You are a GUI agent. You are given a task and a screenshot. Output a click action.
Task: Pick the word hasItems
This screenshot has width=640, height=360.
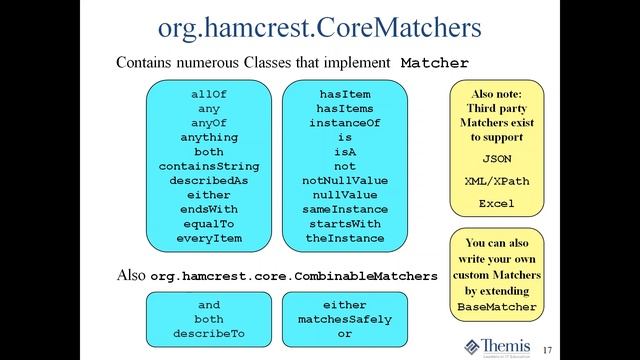click(345, 108)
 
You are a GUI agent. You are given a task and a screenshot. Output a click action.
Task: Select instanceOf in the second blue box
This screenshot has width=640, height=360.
click(345, 123)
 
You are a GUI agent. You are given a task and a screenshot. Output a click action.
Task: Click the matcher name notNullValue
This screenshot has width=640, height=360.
click(345, 181)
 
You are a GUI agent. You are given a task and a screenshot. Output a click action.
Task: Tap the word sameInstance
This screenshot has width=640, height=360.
click(345, 210)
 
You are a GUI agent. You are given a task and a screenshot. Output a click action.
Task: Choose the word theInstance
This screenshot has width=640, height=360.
click(345, 239)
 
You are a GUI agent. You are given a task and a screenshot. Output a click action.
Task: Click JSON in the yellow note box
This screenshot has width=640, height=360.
click(497, 159)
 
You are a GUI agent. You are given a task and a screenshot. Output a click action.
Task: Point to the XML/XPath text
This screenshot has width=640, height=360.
click(497, 181)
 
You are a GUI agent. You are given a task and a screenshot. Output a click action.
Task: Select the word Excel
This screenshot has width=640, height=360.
click(497, 203)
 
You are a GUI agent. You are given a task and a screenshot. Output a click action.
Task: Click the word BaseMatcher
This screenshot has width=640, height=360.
click(497, 307)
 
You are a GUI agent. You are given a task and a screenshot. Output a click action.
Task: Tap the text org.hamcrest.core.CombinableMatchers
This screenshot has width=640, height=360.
click(295, 274)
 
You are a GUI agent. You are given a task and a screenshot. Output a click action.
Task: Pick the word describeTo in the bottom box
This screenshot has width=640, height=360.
click(209, 333)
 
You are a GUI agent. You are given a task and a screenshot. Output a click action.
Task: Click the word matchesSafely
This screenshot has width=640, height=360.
click(345, 319)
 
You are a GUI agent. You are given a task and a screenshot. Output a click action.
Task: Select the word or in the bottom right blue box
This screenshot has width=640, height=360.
click(345, 333)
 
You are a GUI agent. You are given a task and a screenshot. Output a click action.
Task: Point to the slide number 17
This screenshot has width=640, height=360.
click(548, 348)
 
